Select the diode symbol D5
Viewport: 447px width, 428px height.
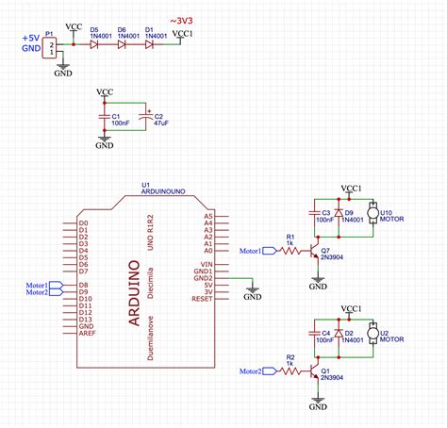[95, 44]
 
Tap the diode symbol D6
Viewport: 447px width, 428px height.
[123, 44]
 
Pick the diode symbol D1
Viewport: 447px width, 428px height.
[150, 44]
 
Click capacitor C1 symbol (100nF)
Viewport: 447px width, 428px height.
[104, 117]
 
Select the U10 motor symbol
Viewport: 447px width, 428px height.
[372, 213]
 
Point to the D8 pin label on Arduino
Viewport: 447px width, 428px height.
[83, 284]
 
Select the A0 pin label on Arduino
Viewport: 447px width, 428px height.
[207, 252]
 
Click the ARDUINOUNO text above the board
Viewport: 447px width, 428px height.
[163, 190]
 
